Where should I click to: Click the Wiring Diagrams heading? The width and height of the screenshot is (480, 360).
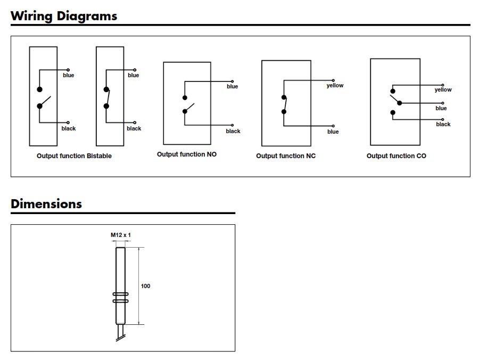(x=64, y=16)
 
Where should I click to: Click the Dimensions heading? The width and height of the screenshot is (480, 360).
(x=46, y=204)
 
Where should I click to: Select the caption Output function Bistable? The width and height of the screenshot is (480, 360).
(x=74, y=156)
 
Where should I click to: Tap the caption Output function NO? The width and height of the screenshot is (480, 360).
(x=187, y=154)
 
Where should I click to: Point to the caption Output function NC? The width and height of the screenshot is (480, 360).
(x=286, y=156)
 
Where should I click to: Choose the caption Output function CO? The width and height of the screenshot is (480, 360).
(x=396, y=156)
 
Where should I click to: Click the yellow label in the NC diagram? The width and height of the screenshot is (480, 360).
(x=335, y=86)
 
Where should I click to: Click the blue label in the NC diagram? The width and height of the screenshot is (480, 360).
(x=333, y=132)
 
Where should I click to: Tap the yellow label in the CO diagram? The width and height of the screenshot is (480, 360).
(x=443, y=90)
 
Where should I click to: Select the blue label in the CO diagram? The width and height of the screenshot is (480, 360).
(x=441, y=108)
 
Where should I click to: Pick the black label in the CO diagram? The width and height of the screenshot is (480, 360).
(x=443, y=124)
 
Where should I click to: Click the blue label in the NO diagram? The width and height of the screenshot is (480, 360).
(x=233, y=86)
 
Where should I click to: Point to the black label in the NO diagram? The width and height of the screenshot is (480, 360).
(x=233, y=131)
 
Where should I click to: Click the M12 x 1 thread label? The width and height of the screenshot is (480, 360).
(x=121, y=235)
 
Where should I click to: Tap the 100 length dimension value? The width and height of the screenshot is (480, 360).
(x=145, y=286)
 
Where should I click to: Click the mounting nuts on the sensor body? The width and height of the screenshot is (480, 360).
(x=121, y=298)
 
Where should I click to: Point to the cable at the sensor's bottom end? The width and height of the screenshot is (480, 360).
(x=120, y=332)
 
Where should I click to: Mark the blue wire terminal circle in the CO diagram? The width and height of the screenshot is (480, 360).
(x=443, y=103)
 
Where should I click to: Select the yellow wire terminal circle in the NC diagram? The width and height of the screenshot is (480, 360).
(x=333, y=80)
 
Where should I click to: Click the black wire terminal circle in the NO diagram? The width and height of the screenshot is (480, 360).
(x=233, y=125)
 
